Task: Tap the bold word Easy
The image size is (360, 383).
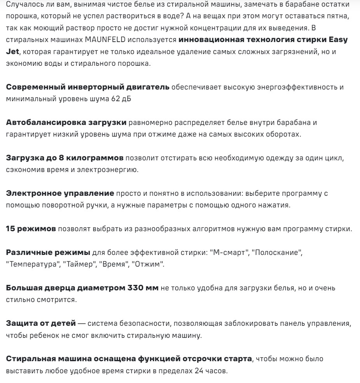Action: coord(338,40)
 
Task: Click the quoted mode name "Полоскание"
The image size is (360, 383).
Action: coord(277,253)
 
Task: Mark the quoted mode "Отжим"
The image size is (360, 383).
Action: coord(148,265)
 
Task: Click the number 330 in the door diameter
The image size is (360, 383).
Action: coord(135,288)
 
